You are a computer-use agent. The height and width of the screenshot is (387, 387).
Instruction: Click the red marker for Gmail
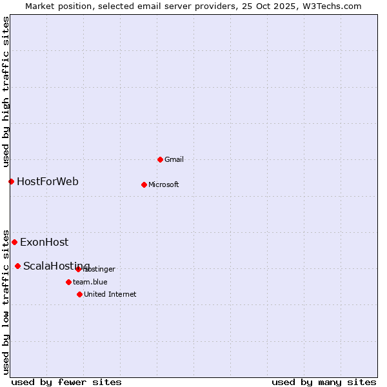(x=160, y=159)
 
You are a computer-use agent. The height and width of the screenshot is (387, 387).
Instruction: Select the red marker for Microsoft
(x=144, y=184)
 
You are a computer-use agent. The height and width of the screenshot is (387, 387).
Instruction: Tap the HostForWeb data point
(x=11, y=181)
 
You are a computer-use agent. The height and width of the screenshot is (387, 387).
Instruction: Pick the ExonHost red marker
(x=14, y=242)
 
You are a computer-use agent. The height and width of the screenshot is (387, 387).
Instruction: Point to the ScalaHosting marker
(x=17, y=266)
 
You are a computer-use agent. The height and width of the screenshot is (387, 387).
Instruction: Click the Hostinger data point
(x=78, y=269)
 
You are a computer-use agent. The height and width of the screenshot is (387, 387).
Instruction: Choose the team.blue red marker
(x=68, y=282)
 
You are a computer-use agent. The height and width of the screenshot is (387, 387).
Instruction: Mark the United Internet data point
(x=79, y=294)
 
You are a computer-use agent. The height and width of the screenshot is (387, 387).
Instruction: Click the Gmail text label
(x=174, y=159)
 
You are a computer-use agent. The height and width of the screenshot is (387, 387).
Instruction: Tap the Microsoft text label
(x=163, y=184)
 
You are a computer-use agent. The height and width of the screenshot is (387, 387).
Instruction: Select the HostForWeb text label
(x=48, y=181)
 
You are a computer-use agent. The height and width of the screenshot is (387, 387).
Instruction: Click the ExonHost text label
(x=44, y=243)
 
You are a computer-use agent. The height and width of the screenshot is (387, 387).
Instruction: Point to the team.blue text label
(x=90, y=282)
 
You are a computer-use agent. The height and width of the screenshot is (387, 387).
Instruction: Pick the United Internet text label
(x=110, y=294)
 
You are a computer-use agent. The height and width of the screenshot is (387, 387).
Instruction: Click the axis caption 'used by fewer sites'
(x=66, y=382)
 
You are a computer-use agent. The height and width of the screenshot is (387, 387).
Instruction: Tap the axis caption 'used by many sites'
(x=324, y=382)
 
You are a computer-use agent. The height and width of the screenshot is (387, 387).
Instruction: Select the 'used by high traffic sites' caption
(x=6, y=92)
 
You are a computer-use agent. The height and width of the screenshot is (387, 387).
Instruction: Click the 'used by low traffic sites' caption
(x=6, y=301)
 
